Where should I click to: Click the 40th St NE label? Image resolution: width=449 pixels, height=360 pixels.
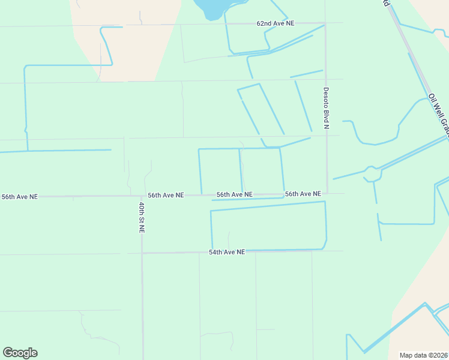tap(142, 217)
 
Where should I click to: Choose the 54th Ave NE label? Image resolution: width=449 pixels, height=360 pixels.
tap(227, 253)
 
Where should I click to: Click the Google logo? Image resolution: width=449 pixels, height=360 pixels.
tap(20, 353)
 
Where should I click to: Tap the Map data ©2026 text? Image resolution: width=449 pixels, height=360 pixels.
tap(424, 355)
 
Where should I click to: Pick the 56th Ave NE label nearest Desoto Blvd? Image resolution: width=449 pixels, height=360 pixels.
tap(303, 194)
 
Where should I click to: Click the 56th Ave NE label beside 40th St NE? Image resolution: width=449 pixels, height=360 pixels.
tap(166, 195)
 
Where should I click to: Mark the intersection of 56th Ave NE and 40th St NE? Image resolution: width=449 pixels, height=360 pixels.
tap(142, 196)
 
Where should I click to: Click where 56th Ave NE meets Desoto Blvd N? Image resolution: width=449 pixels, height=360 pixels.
tap(327, 193)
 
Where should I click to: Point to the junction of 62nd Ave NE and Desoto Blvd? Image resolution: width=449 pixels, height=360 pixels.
tap(325, 23)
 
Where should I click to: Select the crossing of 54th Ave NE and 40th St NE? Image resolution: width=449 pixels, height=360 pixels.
tap(142, 253)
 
